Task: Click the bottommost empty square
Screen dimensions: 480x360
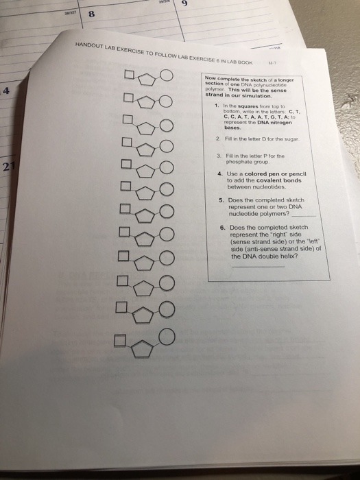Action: point(121,339)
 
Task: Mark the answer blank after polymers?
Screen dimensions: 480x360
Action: point(307,214)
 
